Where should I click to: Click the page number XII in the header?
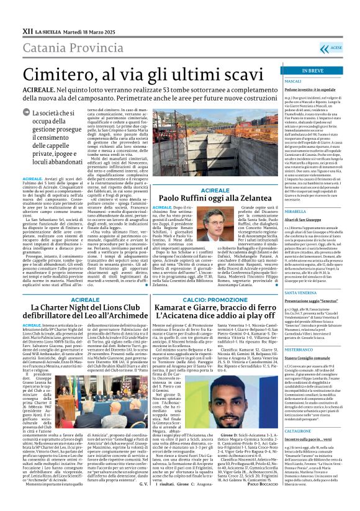pos(27,12)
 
